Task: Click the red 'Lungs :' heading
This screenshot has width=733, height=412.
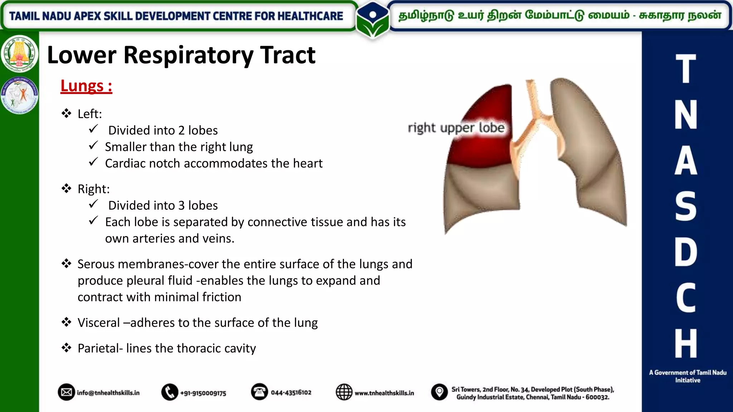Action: click(86, 86)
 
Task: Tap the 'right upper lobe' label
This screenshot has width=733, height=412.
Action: click(456, 128)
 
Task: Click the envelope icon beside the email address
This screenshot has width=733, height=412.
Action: click(66, 392)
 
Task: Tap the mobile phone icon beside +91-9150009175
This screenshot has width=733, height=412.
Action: click(170, 392)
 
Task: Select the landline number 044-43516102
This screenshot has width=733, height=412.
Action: click(291, 392)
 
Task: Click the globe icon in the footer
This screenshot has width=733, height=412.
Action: click(344, 392)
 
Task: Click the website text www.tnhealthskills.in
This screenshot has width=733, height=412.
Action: click(384, 393)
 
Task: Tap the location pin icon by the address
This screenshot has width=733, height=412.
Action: click(439, 392)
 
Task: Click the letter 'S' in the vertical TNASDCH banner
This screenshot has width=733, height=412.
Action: click(685, 206)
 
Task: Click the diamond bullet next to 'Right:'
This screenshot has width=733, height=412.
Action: click(66, 188)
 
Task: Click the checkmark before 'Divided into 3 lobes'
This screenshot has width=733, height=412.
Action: click(93, 204)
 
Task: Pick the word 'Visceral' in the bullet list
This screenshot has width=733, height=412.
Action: click(99, 323)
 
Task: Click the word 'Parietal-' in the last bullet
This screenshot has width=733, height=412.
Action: click(100, 348)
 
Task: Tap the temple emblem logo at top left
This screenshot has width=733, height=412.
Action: click(19, 54)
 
